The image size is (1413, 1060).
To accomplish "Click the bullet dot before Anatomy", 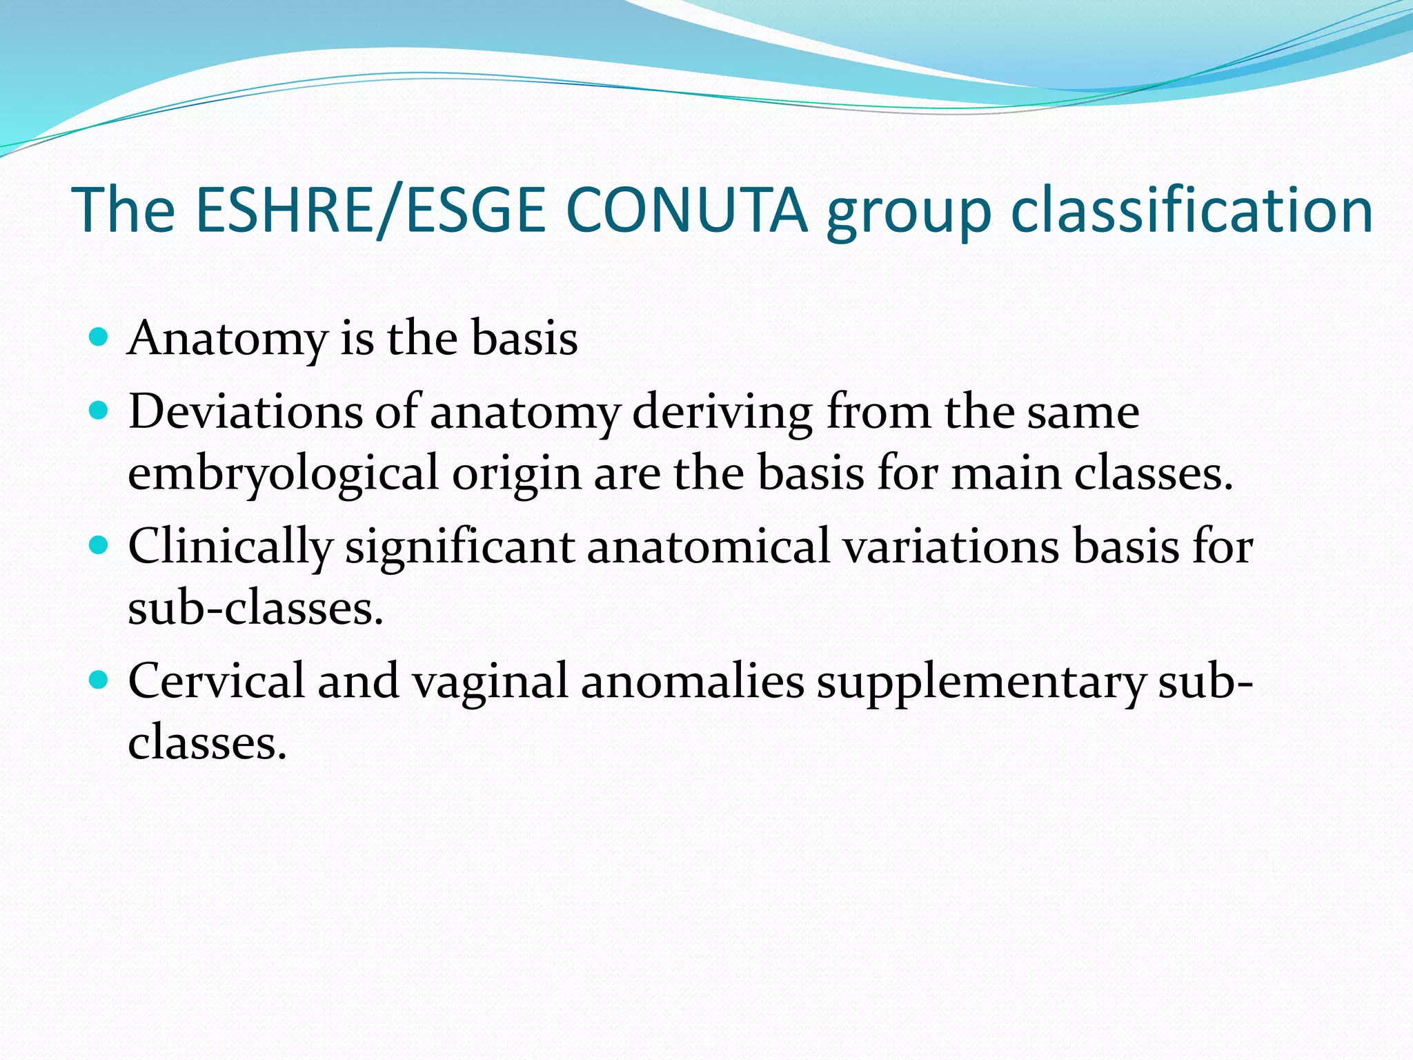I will point(99,337).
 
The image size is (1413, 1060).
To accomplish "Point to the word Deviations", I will point(245,412).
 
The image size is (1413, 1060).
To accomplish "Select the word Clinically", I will point(230,547).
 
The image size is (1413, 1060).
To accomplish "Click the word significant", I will point(460,547).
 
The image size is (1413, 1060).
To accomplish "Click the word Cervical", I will point(216,682).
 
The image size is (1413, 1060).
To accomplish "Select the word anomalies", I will point(692,682).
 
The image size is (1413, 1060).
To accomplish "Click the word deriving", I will point(722,413).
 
